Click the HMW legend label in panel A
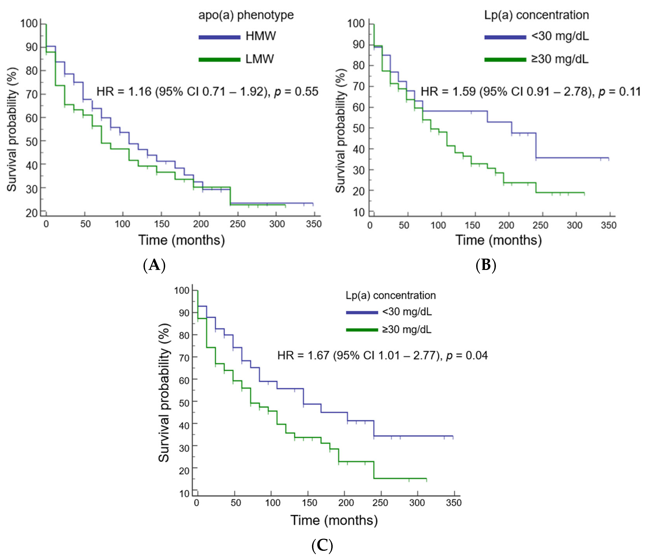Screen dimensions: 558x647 tap(261, 36)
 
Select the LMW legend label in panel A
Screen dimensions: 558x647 tap(260, 59)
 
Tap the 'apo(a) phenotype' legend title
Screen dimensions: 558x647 tap(246, 15)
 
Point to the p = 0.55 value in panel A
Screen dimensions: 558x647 tap(296, 92)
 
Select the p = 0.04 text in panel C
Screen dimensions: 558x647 tap(467, 355)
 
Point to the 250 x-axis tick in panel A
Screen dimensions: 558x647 tap(238, 224)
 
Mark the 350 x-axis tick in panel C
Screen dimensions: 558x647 tap(453, 503)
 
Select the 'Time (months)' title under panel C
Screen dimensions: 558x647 tap(334, 520)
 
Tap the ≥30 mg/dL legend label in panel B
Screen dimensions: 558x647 tap(560, 59)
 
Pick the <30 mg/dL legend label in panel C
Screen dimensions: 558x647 tap(407, 312)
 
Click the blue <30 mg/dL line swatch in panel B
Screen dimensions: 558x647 tap(505, 37)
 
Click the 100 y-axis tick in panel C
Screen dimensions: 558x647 tap(182, 291)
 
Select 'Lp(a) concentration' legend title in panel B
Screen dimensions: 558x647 tap(536, 15)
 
